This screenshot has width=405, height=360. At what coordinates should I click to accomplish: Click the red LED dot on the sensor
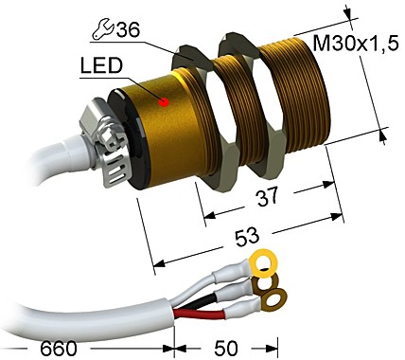click(164, 100)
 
